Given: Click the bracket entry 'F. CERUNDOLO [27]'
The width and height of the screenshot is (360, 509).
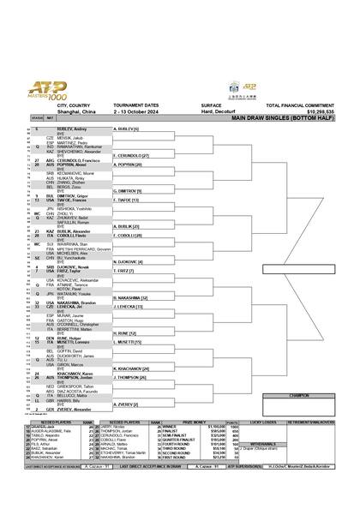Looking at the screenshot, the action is pyautogui.click(x=132, y=155).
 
